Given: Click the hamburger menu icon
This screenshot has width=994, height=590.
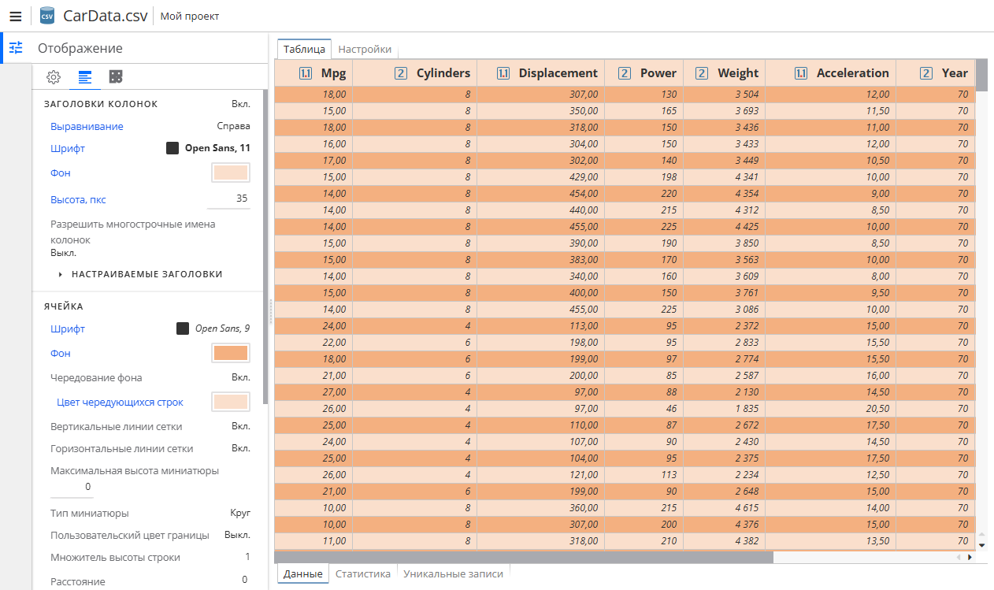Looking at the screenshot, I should pyautogui.click(x=15, y=16).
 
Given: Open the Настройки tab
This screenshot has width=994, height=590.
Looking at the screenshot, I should pyautogui.click(x=365, y=49).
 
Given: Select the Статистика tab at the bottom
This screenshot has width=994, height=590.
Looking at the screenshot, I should pyautogui.click(x=362, y=573).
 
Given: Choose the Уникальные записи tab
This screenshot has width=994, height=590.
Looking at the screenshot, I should pyautogui.click(x=453, y=573).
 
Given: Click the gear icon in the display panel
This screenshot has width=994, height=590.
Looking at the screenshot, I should pyautogui.click(x=54, y=76).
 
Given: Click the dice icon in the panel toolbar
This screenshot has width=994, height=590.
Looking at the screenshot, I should pyautogui.click(x=116, y=76).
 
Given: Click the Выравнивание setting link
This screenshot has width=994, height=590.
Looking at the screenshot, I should pyautogui.click(x=87, y=126).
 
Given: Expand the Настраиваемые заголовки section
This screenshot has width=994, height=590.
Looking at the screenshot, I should pyautogui.click(x=147, y=274).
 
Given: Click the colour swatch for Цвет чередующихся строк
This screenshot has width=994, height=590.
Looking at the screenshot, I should pyautogui.click(x=231, y=402).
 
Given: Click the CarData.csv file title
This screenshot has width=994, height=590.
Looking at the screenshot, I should pyautogui.click(x=104, y=16).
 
